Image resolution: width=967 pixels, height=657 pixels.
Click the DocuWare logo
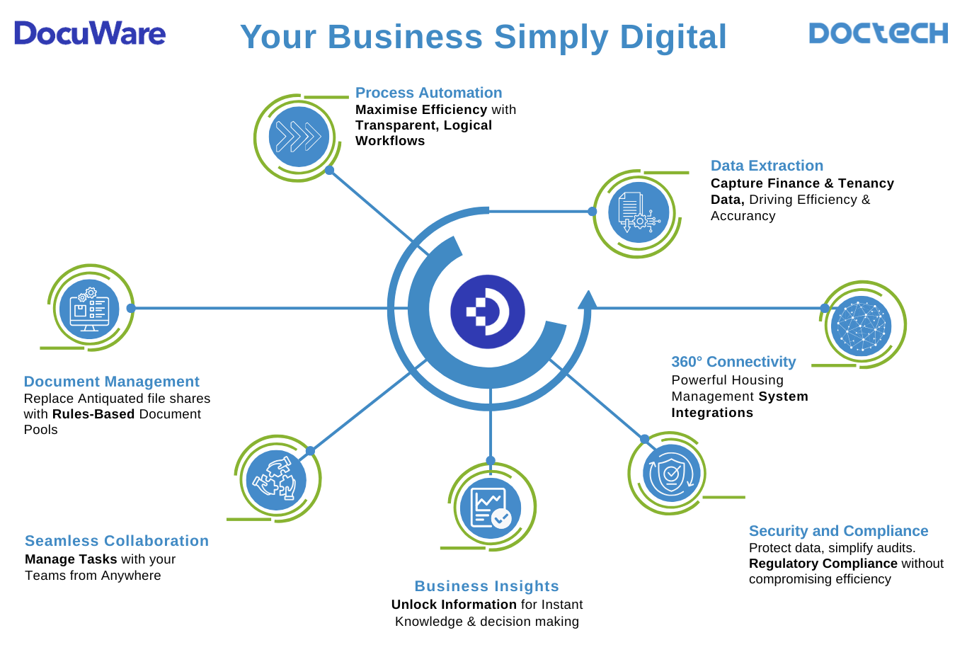pos(90,33)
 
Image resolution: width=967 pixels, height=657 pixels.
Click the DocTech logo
pos(878,33)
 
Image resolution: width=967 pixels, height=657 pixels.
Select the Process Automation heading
pos(428,93)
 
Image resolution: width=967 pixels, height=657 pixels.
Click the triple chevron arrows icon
pos(299,137)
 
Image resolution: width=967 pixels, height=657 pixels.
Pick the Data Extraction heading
pos(767,166)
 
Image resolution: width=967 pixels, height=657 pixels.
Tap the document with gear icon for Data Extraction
pos(639,212)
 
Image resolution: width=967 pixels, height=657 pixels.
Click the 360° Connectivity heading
pos(733,362)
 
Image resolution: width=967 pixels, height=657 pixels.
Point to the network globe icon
pos(862,326)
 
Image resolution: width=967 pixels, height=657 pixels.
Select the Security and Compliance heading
pos(838,531)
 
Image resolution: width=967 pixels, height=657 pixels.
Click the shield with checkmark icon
pos(671,473)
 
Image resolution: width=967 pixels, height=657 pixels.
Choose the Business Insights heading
pos(486,586)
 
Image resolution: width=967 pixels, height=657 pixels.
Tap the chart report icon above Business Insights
pos(491,508)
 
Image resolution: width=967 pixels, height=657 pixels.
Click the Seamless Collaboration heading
pos(117,541)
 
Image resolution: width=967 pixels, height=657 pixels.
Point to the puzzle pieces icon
pos(276,480)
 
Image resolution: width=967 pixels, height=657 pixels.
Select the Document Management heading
pos(111,382)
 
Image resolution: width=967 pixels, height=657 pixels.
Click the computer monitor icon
pos(89,309)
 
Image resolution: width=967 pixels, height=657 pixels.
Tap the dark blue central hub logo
pos(488,312)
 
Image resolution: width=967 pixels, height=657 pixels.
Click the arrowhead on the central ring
pos(587,300)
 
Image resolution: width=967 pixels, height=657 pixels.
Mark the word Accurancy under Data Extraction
pos(743,216)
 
